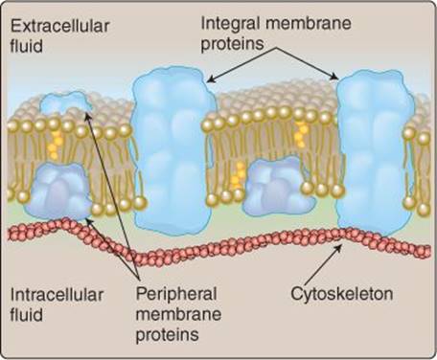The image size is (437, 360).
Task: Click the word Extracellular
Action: point(59,26)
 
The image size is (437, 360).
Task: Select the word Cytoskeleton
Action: point(342,294)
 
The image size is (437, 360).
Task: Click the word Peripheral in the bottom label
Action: point(176,294)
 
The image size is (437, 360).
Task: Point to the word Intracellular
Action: point(57,295)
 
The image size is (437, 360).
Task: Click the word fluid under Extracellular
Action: point(26,46)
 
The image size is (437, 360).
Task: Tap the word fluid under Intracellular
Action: point(26,315)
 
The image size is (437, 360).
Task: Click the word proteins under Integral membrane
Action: point(232,44)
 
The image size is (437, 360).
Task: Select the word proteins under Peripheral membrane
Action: point(168,335)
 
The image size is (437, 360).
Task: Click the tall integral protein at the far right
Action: point(375,153)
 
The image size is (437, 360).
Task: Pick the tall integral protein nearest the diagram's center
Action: point(172,151)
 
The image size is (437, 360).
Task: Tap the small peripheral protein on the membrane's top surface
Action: point(65,103)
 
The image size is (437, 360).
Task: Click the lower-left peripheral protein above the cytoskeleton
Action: point(57,191)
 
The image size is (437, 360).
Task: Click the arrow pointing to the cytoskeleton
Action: point(322,265)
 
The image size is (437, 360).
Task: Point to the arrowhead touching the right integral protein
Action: point(334,77)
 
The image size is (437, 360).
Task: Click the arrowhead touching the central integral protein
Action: point(212,79)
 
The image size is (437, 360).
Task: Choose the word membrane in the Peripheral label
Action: point(178,314)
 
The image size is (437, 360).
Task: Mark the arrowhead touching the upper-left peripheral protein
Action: point(88,116)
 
